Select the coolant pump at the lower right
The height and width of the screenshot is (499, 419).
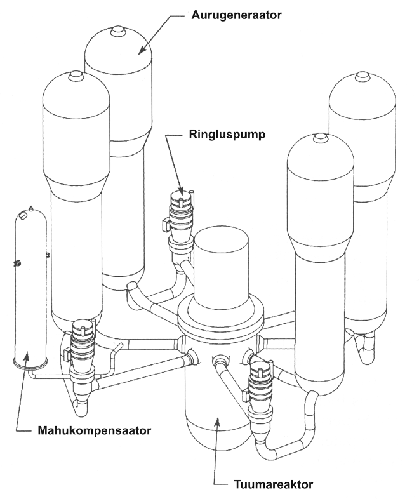coord(260,390)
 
